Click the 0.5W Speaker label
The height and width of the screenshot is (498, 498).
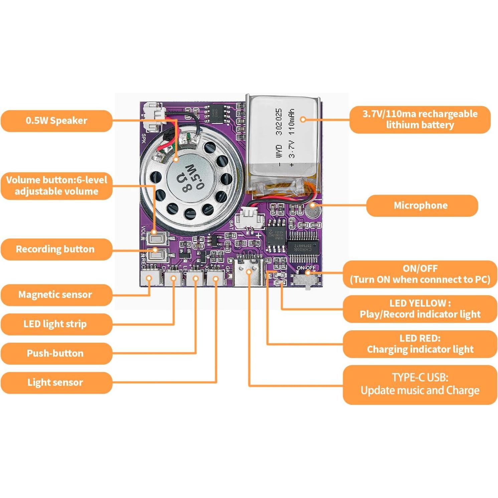point(56,121)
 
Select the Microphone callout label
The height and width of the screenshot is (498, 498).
point(422,205)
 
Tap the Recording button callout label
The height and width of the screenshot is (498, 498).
point(55,249)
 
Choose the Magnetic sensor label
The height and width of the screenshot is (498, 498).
point(55,295)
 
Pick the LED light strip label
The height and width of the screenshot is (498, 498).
point(55,324)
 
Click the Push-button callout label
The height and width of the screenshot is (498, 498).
point(55,353)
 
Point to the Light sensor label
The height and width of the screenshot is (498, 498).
point(55,382)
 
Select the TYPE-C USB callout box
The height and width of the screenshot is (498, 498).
point(420,384)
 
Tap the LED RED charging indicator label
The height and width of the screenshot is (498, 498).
point(420,344)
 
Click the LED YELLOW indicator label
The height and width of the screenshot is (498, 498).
point(420,309)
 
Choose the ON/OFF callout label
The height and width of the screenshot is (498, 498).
point(420,274)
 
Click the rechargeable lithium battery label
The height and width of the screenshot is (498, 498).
point(420,120)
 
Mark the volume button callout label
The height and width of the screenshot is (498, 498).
point(56,186)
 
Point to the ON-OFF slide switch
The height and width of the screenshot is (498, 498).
point(307,279)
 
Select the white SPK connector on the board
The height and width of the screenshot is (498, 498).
point(153,117)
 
